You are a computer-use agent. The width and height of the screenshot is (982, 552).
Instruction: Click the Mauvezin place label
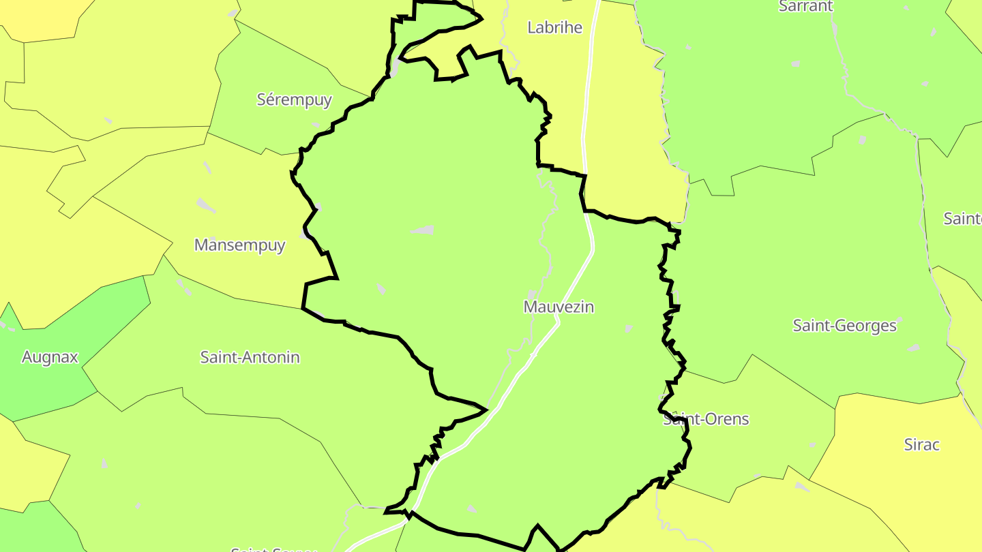(559, 307)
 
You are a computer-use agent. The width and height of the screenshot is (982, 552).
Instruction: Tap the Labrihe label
(555, 27)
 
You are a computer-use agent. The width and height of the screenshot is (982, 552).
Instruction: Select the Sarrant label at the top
(805, 6)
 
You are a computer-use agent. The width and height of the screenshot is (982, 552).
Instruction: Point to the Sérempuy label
(294, 99)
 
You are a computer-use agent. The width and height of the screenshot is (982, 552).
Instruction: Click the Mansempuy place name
(239, 245)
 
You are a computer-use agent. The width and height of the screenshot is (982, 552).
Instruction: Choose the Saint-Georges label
(844, 326)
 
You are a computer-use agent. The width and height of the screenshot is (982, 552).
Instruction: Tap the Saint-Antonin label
(250, 357)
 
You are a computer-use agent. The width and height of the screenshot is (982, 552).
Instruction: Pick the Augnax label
(50, 357)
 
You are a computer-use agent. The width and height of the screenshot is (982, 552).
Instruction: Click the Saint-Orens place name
(706, 419)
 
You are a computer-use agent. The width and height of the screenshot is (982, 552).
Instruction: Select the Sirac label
(921, 445)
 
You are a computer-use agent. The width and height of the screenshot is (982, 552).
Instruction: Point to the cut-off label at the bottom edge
(273, 549)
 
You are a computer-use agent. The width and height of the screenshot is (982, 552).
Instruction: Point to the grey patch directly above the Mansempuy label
(205, 204)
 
